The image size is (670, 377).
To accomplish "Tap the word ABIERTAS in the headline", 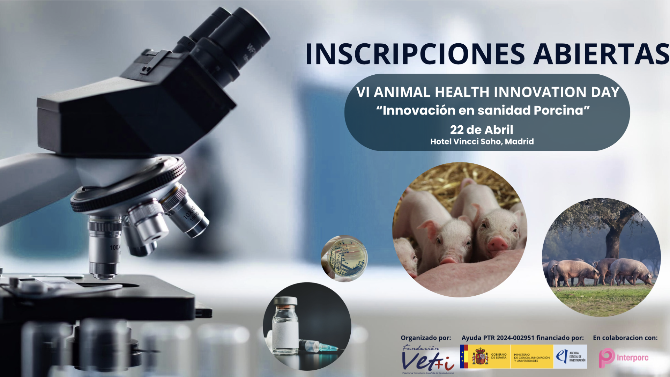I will pos(601,54).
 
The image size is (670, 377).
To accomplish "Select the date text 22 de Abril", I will pos(482,130).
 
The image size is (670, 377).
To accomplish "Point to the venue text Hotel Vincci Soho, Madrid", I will pos(482,141).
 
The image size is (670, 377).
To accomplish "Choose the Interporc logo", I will pos(624,357).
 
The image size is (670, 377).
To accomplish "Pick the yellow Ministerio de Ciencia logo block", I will pos(531,356).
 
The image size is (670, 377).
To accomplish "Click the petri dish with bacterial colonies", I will pos(344,259).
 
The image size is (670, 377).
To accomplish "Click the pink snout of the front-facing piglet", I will pos(498,243).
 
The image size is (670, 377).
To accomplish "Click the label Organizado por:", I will pos(426,338).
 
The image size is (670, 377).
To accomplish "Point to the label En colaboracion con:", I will pos(625,338).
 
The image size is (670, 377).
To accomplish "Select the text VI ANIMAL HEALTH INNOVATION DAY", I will pos(488,92).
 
